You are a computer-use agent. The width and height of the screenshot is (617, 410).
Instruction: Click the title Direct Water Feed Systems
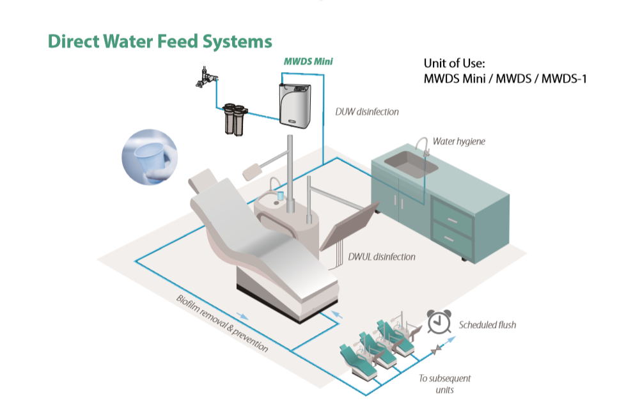point(160,42)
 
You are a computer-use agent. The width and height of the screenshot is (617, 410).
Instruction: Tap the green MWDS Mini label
point(308,62)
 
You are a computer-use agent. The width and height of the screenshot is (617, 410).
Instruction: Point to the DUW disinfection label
point(366,112)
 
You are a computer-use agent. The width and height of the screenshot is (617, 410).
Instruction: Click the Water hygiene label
point(458,141)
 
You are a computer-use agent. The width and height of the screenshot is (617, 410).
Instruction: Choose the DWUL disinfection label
point(382,256)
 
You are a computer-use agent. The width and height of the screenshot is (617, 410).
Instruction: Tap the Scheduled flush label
point(487,324)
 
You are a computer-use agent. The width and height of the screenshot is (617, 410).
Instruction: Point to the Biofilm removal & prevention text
point(222,323)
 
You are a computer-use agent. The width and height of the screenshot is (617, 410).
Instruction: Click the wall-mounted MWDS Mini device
point(300,99)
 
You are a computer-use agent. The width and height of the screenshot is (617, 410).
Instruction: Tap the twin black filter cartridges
point(235,118)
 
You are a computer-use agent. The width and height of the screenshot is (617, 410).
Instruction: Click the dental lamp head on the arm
point(253,169)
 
